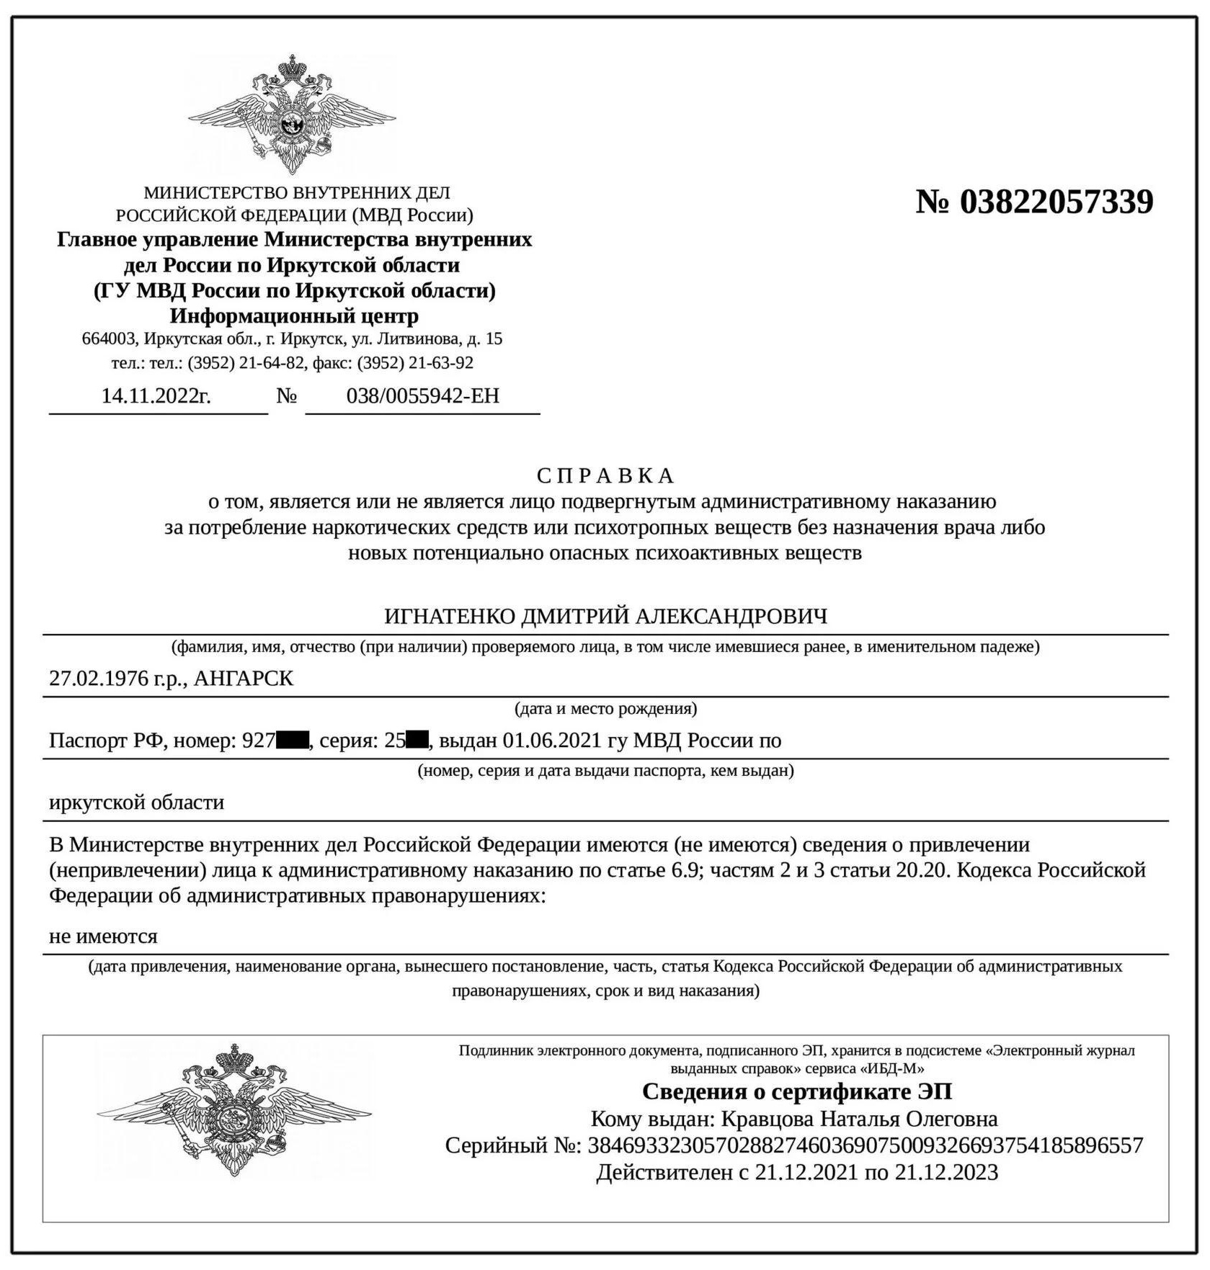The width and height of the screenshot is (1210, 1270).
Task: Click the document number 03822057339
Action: coord(1056,202)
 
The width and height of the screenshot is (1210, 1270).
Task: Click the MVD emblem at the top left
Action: coord(292,115)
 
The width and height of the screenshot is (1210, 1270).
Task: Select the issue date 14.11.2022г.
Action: coord(156,396)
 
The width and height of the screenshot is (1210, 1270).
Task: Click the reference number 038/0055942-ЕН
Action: coord(422,396)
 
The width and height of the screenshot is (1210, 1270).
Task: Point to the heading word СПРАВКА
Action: coord(605,476)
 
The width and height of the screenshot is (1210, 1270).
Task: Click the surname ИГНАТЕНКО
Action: coord(449,617)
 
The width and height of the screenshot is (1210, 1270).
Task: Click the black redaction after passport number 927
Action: coord(293,741)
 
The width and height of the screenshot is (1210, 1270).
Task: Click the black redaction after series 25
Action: coord(417,741)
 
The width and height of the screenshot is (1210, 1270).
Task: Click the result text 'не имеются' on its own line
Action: coord(103,936)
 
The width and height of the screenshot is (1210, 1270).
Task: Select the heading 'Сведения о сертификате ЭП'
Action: coord(796,1092)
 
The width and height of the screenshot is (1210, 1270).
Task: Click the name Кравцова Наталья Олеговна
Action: coord(859,1119)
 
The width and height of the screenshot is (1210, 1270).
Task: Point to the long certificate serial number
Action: coord(865,1145)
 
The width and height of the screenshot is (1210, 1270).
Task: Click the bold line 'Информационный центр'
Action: coord(294,316)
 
